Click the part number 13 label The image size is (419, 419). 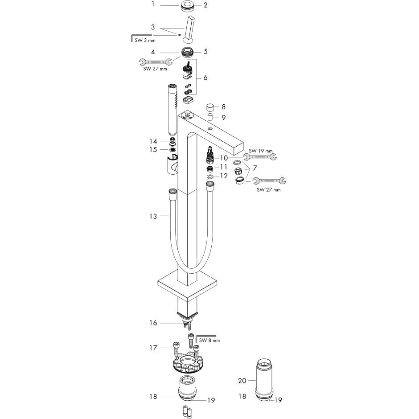(153, 216)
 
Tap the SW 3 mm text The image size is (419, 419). (145, 41)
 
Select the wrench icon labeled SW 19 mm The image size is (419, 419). (260, 157)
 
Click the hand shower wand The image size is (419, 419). (173, 109)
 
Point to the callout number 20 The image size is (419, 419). (242, 380)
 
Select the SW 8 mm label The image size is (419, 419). (209, 340)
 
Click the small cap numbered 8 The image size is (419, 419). (210, 108)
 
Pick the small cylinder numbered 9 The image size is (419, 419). (210, 117)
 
